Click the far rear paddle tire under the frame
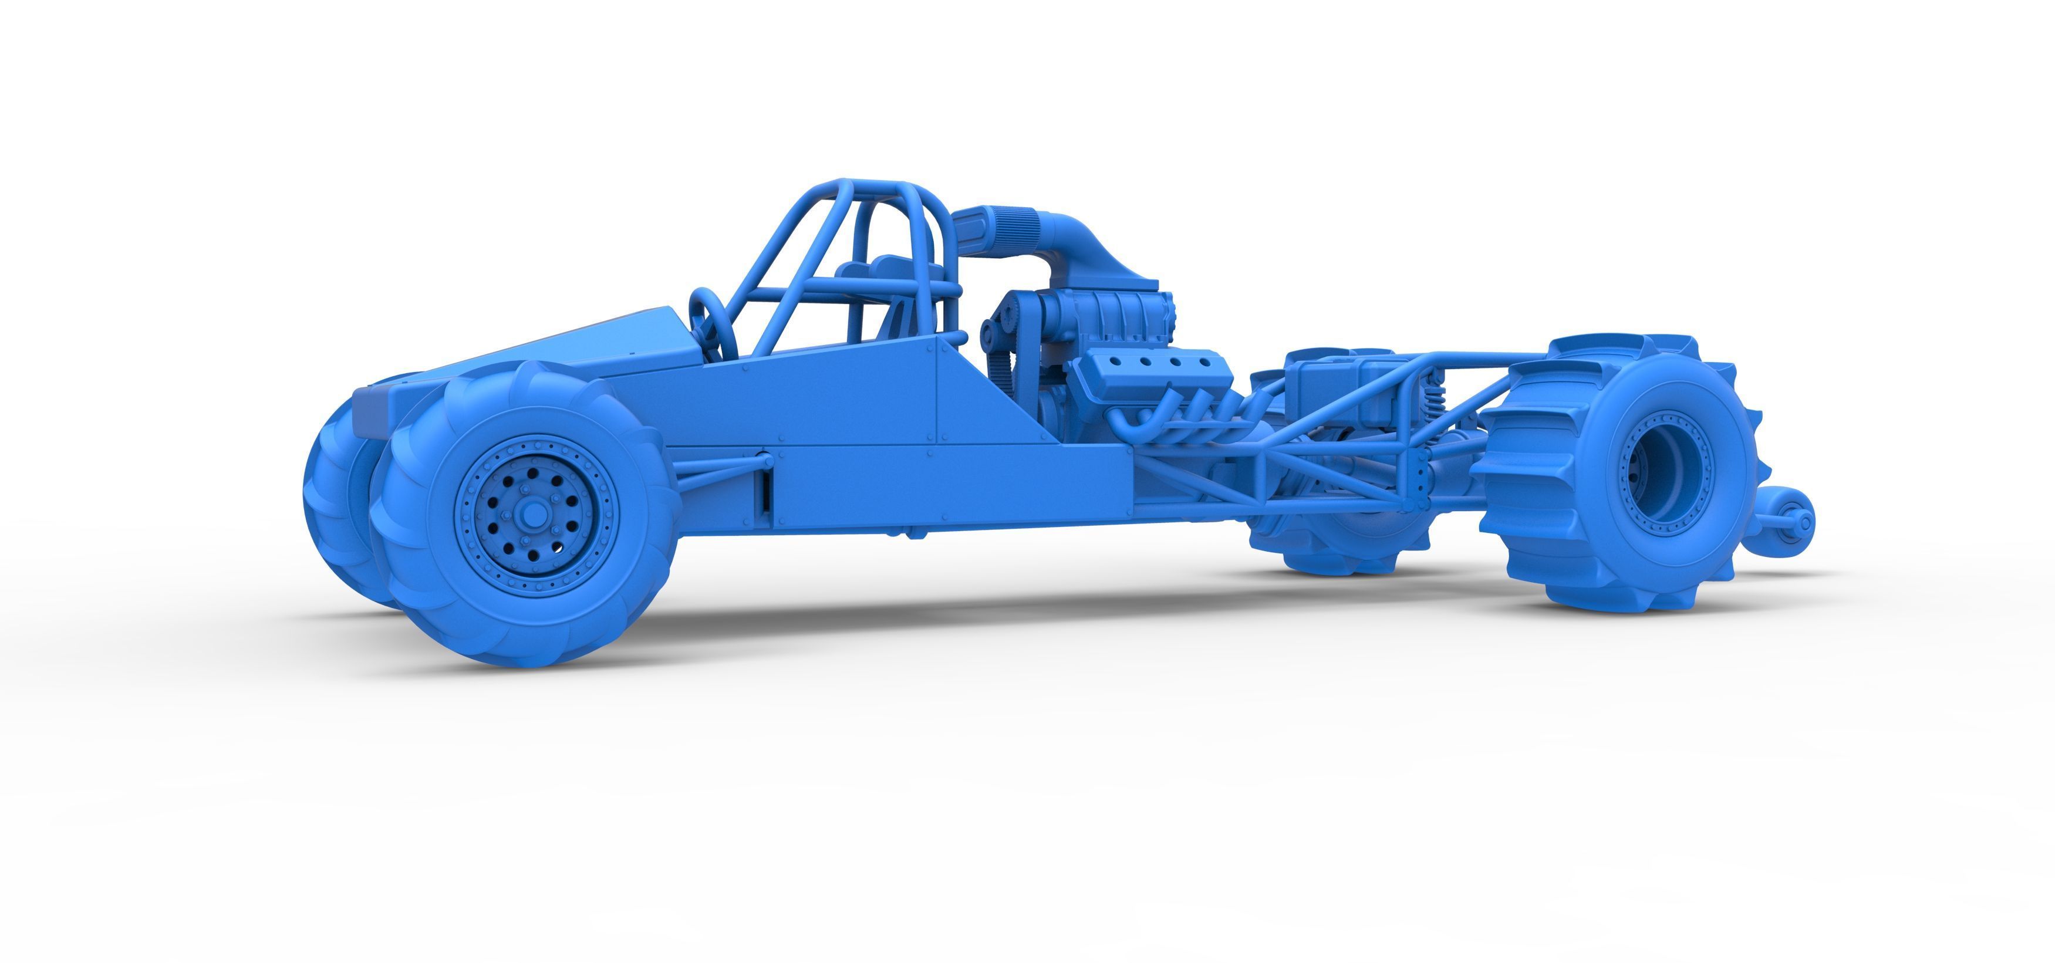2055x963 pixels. (x=1340, y=543)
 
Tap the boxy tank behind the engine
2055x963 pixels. (x=1340, y=383)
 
